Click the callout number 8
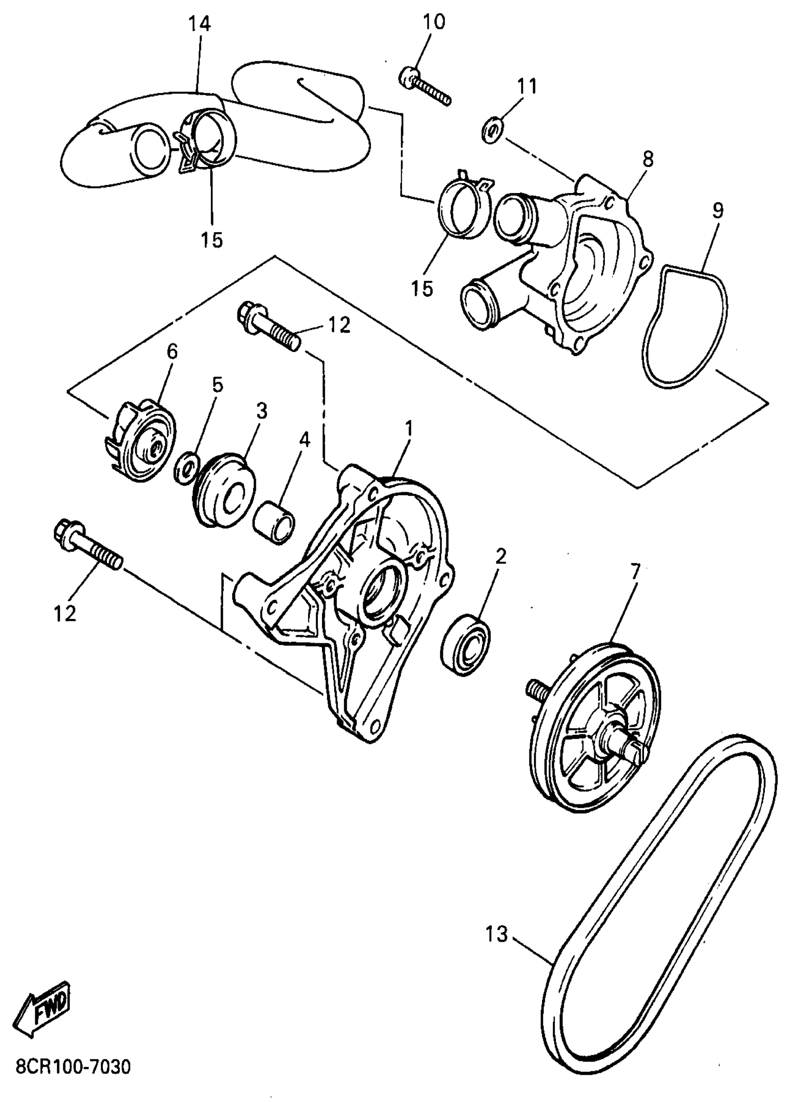coord(647,160)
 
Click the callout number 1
coord(409,428)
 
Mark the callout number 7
coord(635,573)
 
